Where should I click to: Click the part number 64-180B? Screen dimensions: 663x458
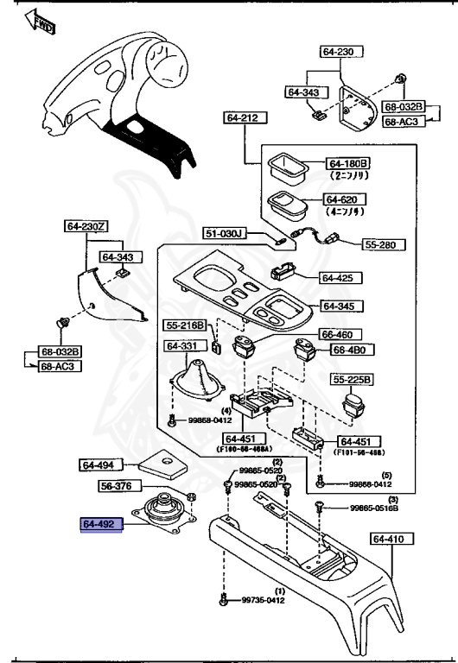pos(347,163)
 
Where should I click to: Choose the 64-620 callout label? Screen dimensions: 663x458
pos(347,199)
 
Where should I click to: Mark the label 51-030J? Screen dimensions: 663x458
pos(225,234)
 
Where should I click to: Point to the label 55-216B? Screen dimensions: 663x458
pos(186,325)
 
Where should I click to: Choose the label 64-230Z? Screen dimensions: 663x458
pos(86,226)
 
